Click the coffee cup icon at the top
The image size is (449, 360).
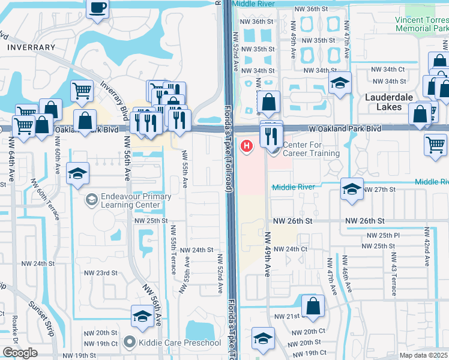[x=98, y=8]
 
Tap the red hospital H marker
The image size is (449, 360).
[x=246, y=146]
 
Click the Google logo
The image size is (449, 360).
[x=20, y=353]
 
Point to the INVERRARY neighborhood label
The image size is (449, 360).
[x=31, y=47]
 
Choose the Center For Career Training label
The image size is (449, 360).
[x=311, y=149]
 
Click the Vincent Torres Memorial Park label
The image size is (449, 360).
[x=421, y=24]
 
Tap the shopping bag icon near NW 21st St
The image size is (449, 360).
[x=313, y=306]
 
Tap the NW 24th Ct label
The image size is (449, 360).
[x=291, y=249]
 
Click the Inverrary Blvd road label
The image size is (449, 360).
[x=115, y=95]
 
